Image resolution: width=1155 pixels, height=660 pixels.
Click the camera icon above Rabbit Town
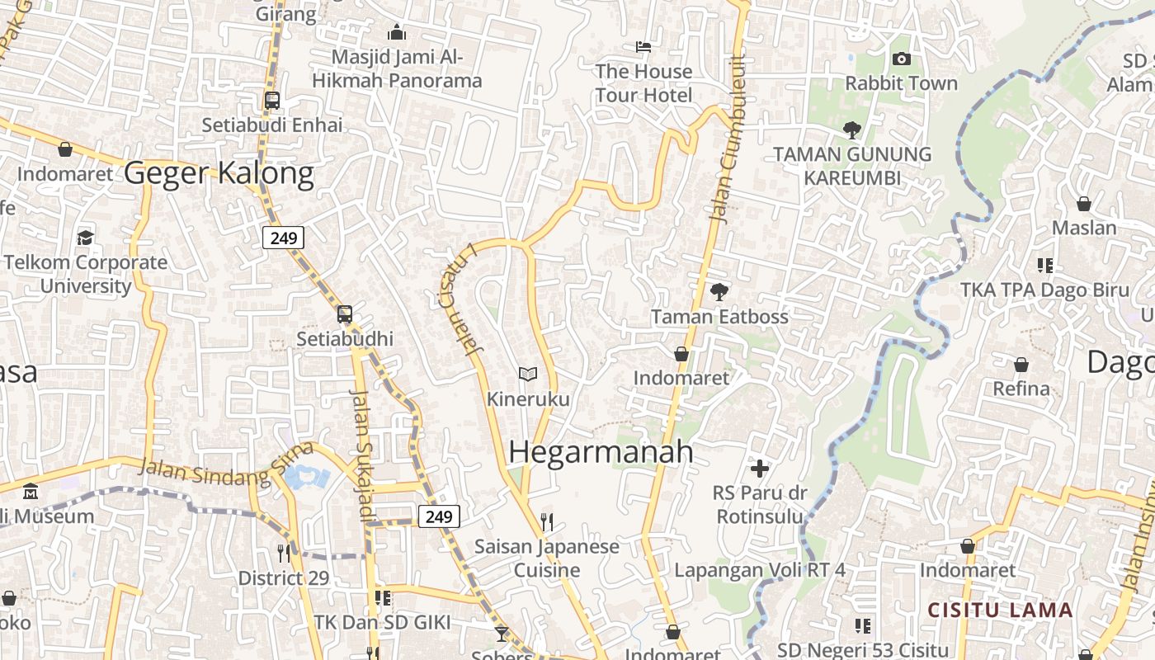click(901, 59)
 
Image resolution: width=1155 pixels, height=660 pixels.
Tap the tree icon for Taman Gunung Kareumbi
click(852, 130)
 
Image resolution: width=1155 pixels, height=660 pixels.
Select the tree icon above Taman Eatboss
click(719, 291)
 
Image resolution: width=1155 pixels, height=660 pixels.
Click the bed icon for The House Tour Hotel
click(643, 47)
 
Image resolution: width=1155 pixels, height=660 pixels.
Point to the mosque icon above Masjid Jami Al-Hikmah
click(397, 32)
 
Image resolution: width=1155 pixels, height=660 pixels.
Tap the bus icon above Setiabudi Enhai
click(272, 101)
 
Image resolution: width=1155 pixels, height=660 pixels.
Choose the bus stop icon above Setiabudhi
click(345, 313)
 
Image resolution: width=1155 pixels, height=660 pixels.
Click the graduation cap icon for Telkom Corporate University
click(85, 238)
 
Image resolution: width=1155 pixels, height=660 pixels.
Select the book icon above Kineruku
click(528, 375)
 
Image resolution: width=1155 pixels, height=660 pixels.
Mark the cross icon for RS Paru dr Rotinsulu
click(760, 469)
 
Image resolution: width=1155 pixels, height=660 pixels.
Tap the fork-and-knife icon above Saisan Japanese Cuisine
click(546, 521)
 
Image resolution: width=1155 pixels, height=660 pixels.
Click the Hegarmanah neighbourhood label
click(601, 452)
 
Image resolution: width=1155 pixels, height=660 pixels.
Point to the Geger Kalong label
click(219, 174)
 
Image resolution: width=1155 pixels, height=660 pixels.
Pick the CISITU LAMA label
click(1000, 610)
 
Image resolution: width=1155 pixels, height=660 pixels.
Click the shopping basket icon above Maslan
click(1084, 204)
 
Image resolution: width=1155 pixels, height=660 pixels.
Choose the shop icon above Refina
click(1021, 365)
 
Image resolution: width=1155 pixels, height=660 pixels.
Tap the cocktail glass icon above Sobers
click(501, 634)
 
